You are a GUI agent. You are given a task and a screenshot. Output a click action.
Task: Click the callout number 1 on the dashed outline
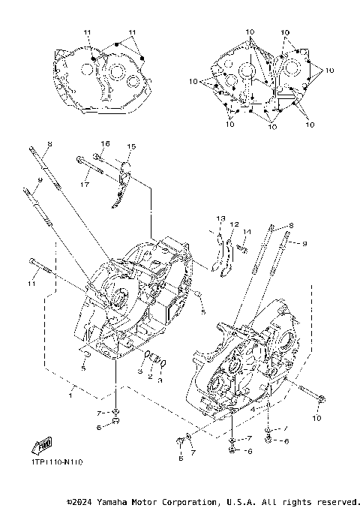pos(70,395)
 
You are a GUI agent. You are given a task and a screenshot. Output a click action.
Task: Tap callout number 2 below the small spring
pos(149,376)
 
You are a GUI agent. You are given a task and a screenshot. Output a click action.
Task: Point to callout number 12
pos(234,224)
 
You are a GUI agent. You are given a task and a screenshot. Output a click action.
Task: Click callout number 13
pos(220,218)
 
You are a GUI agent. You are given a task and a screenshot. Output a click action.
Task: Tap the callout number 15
pos(130,147)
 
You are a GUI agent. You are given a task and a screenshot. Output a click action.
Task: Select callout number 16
pos(105,143)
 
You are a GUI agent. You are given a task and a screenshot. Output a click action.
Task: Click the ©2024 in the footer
pos(80,501)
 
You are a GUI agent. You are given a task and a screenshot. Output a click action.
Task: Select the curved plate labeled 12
pos(229,255)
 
